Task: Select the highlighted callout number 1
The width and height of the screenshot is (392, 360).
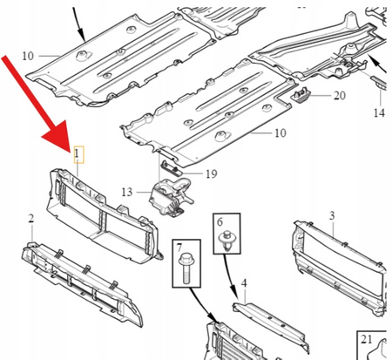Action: (77, 153)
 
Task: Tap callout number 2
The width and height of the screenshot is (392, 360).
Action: (31, 219)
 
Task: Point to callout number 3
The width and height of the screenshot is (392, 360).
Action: (332, 215)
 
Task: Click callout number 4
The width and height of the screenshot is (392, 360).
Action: (244, 283)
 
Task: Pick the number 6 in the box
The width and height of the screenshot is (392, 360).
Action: (220, 222)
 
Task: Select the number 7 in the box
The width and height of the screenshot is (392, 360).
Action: (179, 248)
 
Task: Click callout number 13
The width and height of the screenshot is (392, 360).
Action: (127, 192)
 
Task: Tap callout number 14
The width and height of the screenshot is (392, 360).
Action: (379, 112)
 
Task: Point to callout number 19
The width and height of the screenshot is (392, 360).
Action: (212, 174)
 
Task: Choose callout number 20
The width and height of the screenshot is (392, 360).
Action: (340, 95)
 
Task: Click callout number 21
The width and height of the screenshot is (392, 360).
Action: (367, 339)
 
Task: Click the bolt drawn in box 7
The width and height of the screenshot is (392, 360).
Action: (185, 268)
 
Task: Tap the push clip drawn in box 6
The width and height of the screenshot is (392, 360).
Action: (226, 241)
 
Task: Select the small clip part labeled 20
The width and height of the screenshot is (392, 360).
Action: (301, 95)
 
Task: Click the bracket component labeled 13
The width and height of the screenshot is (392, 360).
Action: (170, 198)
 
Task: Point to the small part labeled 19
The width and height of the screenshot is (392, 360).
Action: (172, 168)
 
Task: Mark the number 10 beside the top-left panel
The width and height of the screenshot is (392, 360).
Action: (28, 56)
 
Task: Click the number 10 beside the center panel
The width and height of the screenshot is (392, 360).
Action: (280, 133)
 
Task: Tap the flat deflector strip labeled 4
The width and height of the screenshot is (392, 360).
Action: (270, 326)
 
